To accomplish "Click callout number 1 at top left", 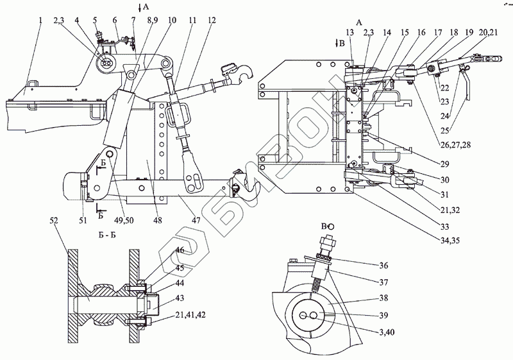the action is (x=40, y=21).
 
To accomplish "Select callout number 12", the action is (x=212, y=21).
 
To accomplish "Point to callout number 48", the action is (x=158, y=220).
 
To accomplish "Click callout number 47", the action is (x=196, y=220).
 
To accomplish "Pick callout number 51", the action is (x=83, y=220).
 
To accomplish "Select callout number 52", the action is (x=54, y=220).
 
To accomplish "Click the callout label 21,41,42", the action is (x=190, y=315).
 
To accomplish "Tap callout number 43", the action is (x=180, y=298).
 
